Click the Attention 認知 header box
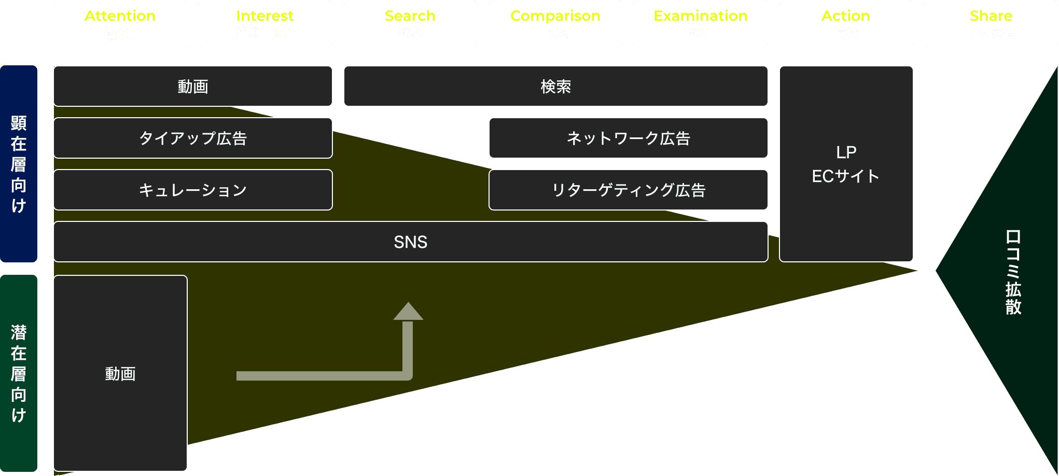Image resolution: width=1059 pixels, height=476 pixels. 120,24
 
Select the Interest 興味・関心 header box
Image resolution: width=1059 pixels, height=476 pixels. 265,24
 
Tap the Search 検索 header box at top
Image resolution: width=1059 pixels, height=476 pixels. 410,24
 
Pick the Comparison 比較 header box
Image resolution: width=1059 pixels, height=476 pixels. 555,24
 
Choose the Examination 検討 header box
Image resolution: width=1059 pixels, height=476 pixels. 701,24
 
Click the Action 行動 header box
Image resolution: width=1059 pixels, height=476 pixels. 846,24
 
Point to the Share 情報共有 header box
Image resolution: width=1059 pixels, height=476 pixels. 991,24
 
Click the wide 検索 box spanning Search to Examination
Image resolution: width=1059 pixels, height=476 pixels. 555,86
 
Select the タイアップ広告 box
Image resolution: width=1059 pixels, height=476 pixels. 192,138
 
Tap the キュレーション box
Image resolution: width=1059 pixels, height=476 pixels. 192,190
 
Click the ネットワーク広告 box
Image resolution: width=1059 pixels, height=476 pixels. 628,138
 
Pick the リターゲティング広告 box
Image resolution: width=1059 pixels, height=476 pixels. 628,190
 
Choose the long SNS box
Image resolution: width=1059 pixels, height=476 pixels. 410,242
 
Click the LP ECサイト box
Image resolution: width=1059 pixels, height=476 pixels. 846,164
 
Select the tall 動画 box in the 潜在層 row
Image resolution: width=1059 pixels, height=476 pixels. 120,373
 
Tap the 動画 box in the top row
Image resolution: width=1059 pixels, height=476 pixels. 192,86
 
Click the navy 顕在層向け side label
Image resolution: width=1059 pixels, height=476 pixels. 19,164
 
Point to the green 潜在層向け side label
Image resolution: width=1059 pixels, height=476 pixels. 19,373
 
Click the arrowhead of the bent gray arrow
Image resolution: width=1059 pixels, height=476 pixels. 408,312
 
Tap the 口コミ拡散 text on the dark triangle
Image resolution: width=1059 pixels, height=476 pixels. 1013,272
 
